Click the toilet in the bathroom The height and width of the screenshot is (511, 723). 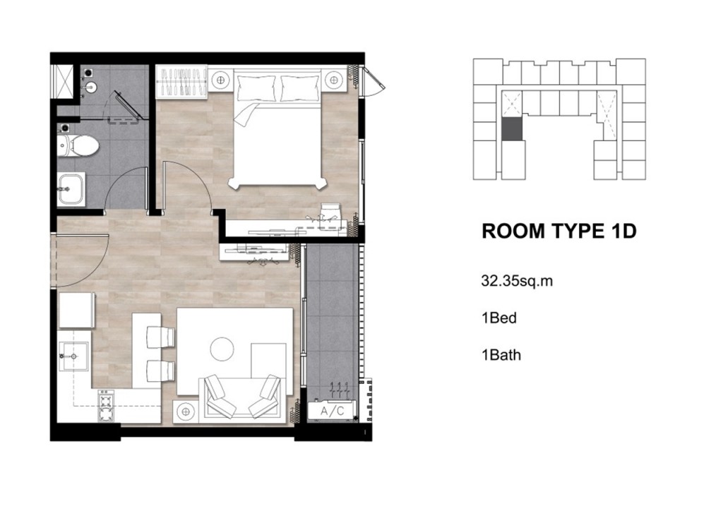coord(78,145)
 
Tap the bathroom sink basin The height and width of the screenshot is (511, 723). coord(71,188)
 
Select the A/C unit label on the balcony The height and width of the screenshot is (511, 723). coord(332,411)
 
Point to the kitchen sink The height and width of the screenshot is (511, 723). coord(73,356)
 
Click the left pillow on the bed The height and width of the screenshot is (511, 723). coord(256,88)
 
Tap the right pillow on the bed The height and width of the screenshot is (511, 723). coord(299,88)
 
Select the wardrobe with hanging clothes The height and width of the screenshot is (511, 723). coord(181,83)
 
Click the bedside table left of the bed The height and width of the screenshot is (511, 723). coord(221,80)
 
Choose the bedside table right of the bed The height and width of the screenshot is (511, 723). coord(334,80)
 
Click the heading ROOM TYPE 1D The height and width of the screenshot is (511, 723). coord(559,231)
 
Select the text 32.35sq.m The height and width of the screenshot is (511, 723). coord(517,281)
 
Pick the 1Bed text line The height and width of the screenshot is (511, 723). coord(499,318)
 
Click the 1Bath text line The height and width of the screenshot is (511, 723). coord(501,355)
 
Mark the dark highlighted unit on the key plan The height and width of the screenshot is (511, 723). coord(512,129)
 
